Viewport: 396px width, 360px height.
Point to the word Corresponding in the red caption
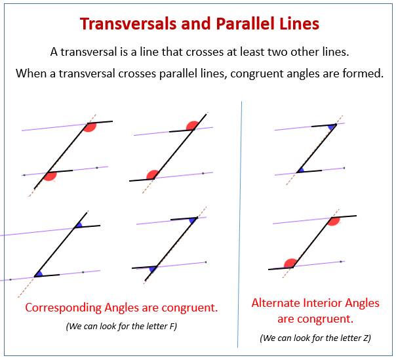coord(64,308)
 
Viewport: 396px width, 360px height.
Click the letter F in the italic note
coord(172,326)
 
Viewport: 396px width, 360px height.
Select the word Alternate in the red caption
coord(275,303)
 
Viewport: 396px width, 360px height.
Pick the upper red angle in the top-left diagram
coord(90,127)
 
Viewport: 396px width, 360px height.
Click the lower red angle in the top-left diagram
coord(50,176)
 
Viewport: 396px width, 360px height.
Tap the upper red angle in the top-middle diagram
coord(193,126)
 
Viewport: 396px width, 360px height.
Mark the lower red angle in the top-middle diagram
coord(152,175)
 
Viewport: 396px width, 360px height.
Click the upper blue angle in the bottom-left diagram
coord(79,226)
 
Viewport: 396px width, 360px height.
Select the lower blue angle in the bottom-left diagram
coord(39,274)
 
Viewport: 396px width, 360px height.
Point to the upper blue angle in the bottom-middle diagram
coord(193,220)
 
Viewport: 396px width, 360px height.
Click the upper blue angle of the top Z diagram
coord(332,127)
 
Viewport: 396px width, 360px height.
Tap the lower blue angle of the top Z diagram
coord(300,170)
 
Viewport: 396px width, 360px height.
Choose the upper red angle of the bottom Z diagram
coord(334,221)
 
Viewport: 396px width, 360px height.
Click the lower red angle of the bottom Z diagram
coord(290,263)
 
